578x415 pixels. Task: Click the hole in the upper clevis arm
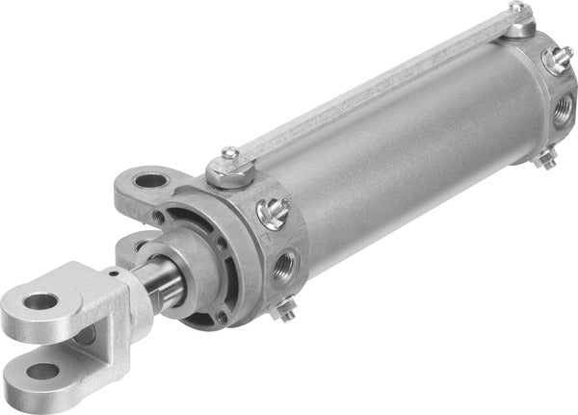[39, 301]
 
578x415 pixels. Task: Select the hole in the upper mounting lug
[151, 180]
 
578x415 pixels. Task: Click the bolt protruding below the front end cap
[284, 309]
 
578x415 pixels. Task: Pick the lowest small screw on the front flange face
[223, 315]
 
